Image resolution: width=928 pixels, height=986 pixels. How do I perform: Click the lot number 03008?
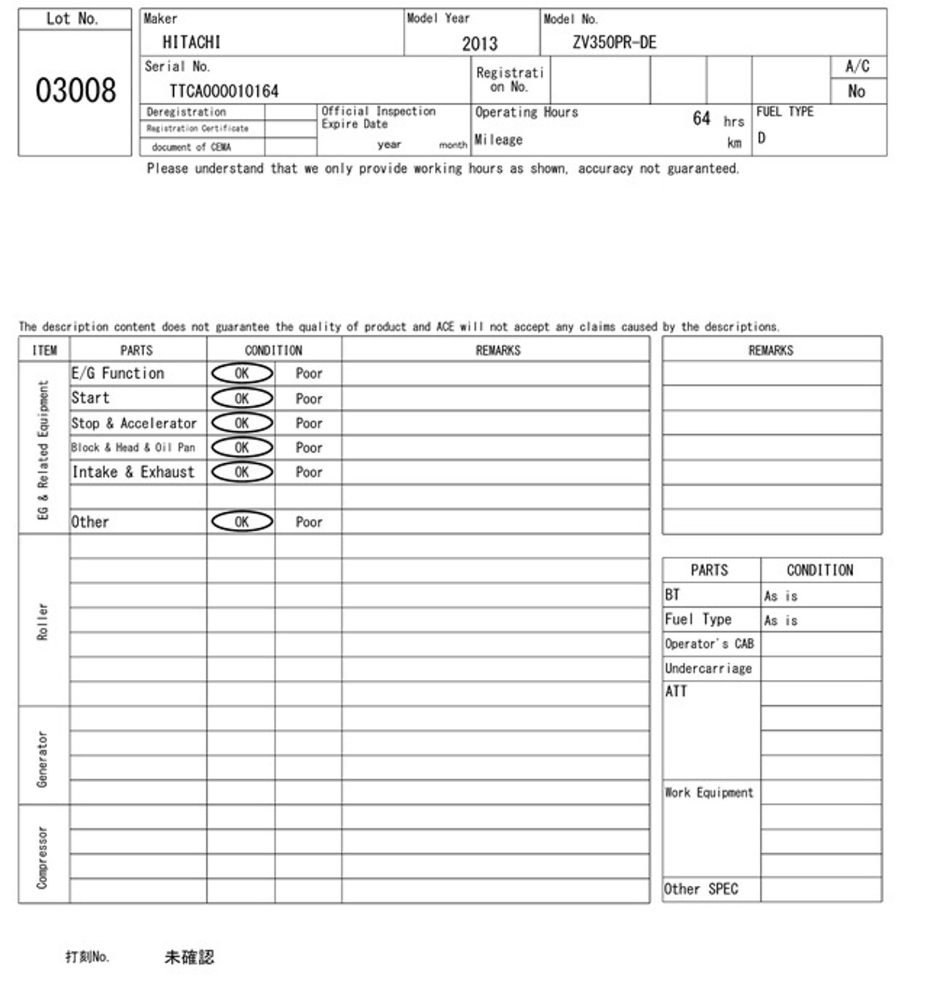click(75, 90)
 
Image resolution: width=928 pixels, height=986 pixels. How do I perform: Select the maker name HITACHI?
click(191, 42)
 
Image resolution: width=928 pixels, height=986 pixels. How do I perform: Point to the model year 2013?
click(479, 43)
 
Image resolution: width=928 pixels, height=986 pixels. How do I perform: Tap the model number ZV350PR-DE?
click(614, 42)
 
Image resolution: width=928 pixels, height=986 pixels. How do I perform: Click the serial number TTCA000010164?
click(224, 92)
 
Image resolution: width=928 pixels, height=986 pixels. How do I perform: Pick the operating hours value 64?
click(701, 118)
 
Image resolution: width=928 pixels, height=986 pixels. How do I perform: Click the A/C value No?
click(856, 92)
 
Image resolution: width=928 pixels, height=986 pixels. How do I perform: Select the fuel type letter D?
click(762, 138)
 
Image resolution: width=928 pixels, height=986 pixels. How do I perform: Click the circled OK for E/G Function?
click(242, 373)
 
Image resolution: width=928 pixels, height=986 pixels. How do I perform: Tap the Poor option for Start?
click(309, 398)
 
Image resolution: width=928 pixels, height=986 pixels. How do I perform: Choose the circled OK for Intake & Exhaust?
click(242, 472)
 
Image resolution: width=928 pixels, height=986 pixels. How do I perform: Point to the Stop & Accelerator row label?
click(134, 423)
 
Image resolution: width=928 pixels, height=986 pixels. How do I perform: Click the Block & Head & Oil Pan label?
click(133, 447)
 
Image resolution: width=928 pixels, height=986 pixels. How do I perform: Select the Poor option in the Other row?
click(309, 522)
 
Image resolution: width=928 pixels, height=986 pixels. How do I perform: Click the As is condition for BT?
click(781, 596)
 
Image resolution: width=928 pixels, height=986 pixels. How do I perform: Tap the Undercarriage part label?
click(708, 668)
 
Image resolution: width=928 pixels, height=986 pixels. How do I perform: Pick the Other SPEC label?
click(701, 889)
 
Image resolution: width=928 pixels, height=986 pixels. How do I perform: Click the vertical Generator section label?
click(42, 758)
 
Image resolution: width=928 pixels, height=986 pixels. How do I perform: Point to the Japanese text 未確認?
click(189, 957)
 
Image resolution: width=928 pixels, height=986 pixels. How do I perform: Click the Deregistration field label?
click(186, 112)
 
